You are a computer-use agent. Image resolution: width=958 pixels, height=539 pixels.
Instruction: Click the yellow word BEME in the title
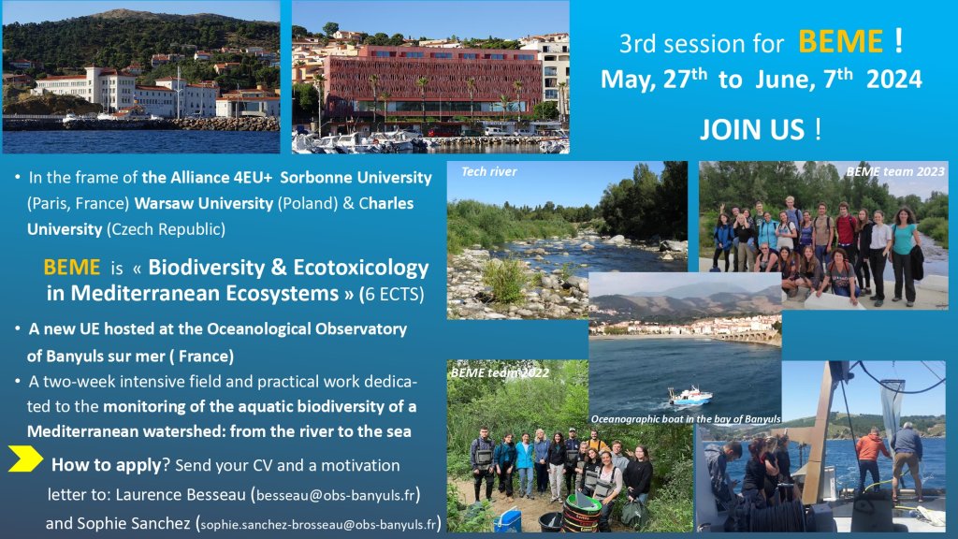pos(840,42)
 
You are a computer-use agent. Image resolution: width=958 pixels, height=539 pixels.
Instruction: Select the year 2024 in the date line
pos(893,80)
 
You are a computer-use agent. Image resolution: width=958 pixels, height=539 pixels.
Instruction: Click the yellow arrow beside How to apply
pos(25,459)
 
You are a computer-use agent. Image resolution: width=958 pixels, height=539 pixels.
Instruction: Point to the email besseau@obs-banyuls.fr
pos(336,495)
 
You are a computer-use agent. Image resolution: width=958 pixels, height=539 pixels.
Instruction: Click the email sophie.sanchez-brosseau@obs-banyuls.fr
pos(318,524)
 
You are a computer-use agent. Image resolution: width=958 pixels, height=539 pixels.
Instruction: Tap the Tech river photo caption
pos(488,172)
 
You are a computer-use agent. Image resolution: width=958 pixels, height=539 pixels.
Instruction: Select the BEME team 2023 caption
pos(895,172)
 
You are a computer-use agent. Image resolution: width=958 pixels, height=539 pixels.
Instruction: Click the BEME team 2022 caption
pos(500,372)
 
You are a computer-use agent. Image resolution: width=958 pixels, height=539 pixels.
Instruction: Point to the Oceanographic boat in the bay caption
pos(686,419)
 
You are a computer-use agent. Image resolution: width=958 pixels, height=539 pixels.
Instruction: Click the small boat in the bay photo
pos(689,396)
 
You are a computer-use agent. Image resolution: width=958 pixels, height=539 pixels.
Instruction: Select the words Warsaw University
pos(203,203)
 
